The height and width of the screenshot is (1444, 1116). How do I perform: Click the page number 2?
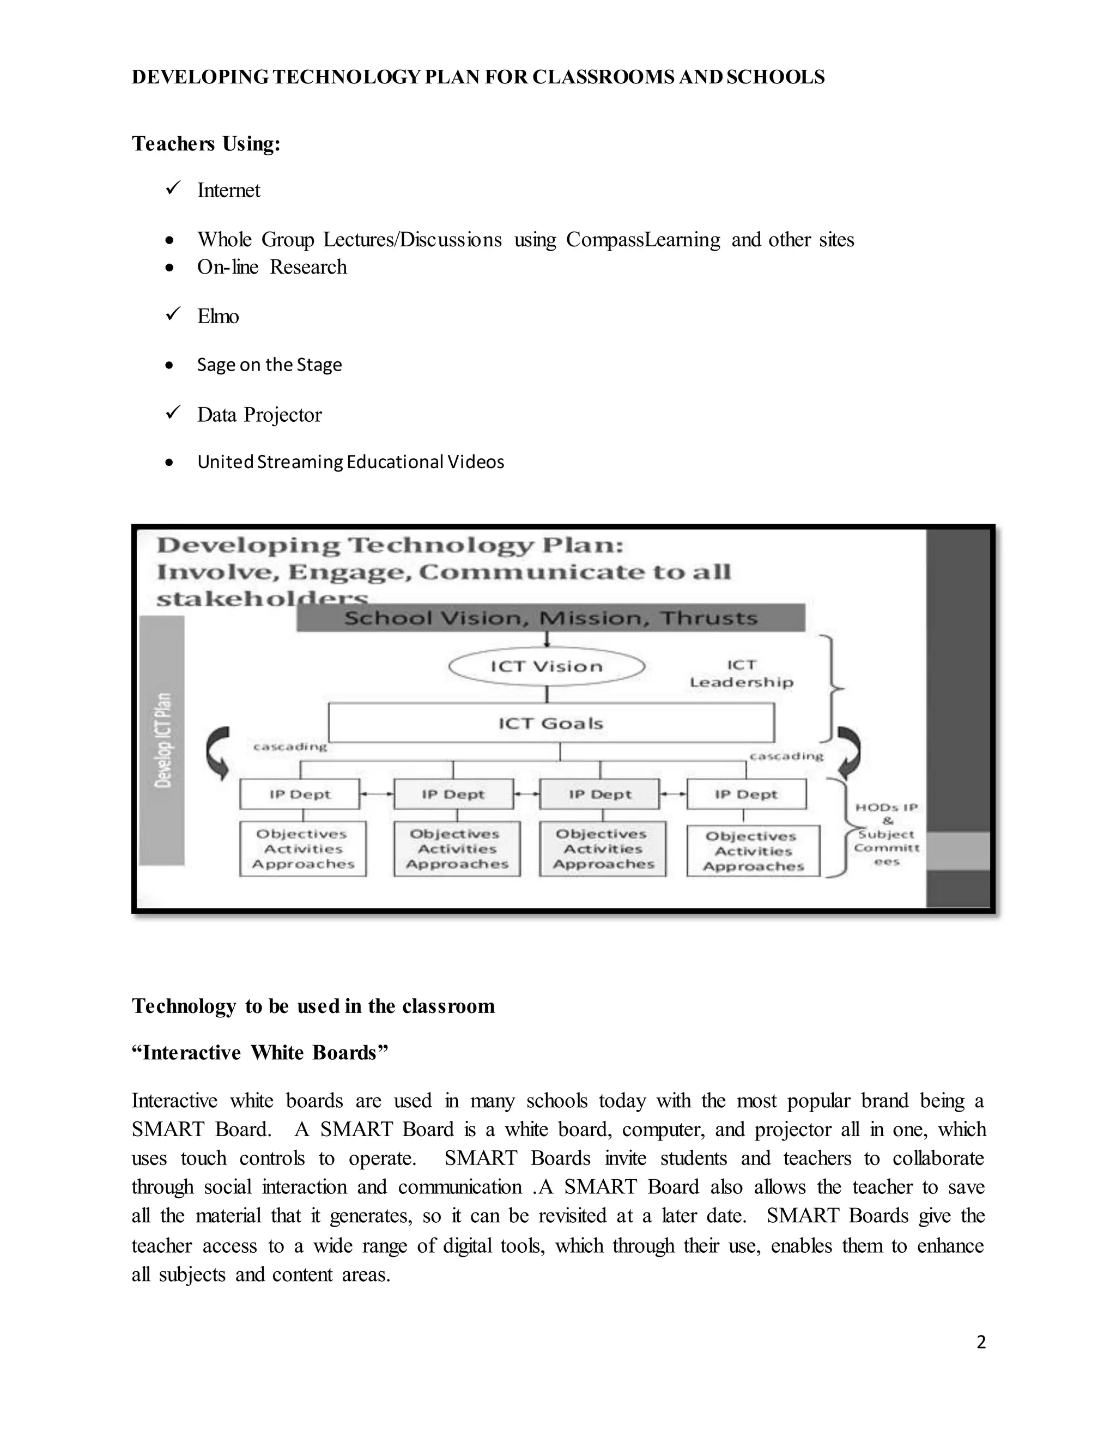980,1342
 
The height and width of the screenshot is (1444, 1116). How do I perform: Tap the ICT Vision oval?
546,666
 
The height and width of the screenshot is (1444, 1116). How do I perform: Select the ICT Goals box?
551,723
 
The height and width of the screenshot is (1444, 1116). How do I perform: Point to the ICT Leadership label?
741,674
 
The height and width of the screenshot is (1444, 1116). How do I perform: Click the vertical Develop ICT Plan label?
162,740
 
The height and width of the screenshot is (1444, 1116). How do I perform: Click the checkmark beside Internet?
173,189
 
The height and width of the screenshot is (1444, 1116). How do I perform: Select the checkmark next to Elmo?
173,315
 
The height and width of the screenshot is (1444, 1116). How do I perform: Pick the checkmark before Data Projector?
173,413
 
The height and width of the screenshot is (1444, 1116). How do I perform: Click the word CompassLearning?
642,239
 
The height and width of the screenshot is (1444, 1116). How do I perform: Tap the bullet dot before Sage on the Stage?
170,366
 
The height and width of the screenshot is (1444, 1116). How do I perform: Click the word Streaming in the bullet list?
300,462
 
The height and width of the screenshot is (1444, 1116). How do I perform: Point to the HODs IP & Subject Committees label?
887,834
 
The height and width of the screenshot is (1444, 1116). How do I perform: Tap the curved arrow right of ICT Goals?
850,753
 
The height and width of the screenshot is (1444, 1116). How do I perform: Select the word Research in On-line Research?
308,267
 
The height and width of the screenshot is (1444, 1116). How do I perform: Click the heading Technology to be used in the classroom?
313,1006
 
